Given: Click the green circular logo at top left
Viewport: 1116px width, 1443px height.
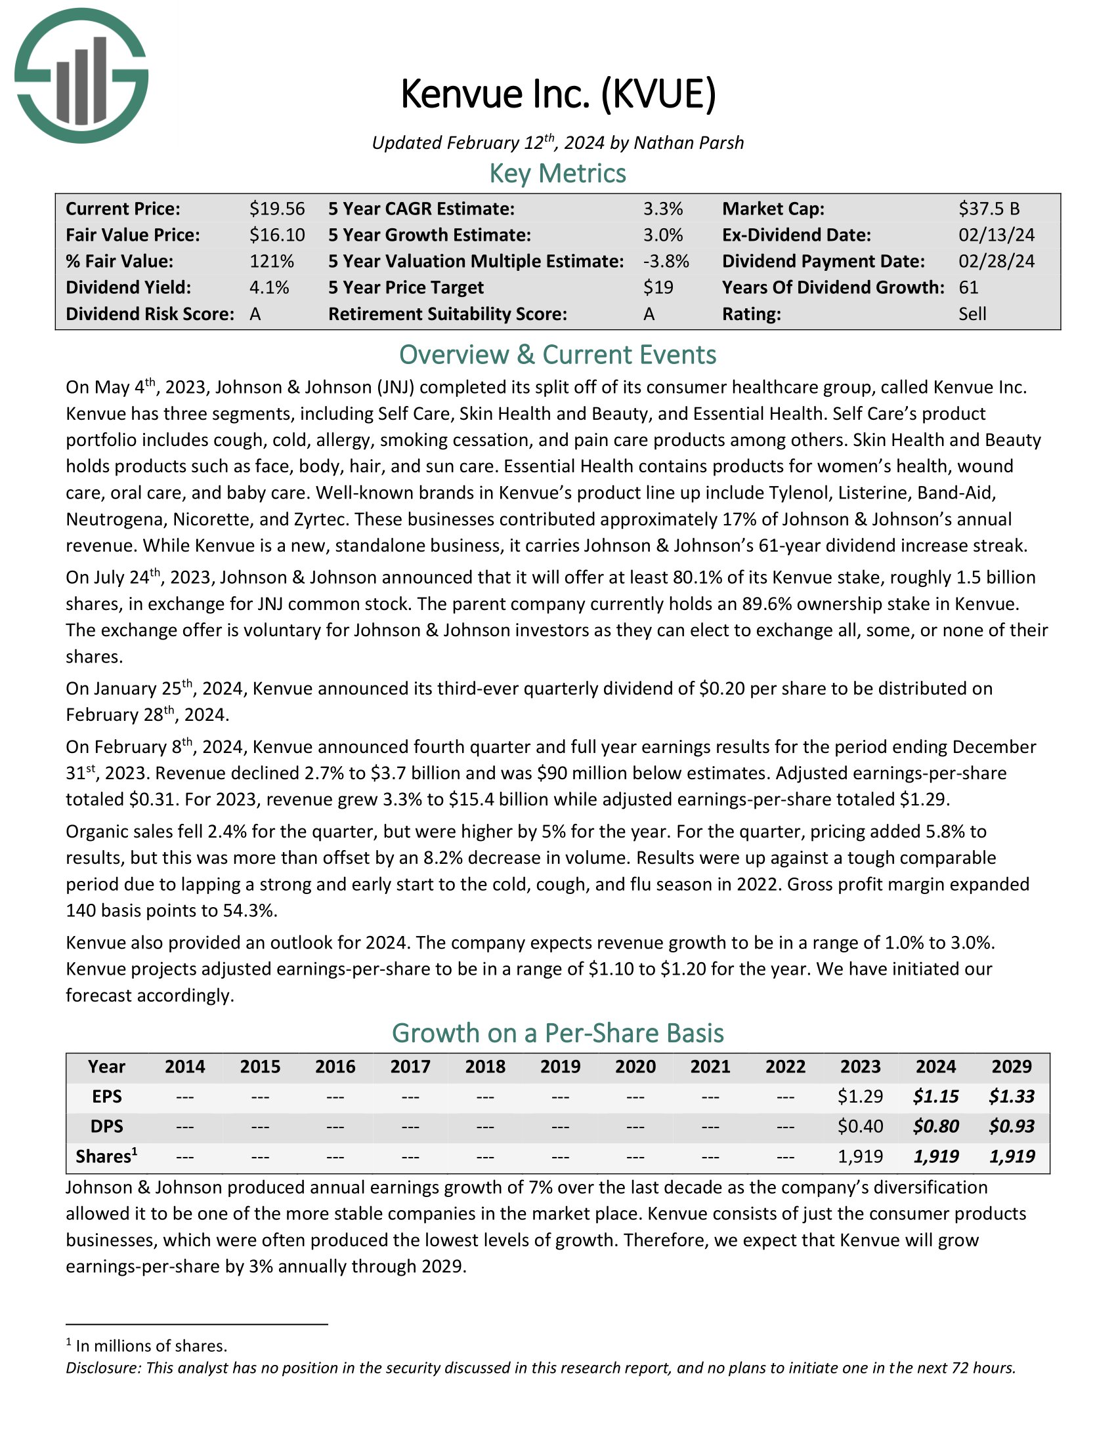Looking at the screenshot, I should pos(81,75).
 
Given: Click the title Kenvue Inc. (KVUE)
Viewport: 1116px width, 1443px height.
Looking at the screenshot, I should pos(557,94).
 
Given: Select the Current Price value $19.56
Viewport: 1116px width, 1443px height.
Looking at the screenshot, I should pos(277,209).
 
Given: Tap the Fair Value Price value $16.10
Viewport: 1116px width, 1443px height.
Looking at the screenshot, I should pos(277,235).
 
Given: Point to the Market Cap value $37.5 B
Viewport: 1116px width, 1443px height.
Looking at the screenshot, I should pos(989,209).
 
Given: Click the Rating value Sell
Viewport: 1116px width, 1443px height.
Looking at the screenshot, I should pos(972,314).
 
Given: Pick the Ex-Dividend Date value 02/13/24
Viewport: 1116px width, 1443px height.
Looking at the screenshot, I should pos(997,235).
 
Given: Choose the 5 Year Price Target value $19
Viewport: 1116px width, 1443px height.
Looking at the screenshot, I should pos(658,287).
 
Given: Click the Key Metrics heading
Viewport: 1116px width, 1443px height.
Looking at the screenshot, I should pos(557,174).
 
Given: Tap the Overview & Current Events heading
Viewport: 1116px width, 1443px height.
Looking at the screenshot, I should pos(557,355).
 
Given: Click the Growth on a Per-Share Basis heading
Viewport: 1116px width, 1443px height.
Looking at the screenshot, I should pos(557,1032).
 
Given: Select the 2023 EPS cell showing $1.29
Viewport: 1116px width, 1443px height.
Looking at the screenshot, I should pos(860,1097).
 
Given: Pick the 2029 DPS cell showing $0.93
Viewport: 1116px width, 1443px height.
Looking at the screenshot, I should pos(1012,1126).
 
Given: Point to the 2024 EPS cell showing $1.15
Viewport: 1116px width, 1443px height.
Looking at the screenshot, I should pos(935,1097).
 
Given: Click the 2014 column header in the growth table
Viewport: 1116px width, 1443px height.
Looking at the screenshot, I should pos(184,1067).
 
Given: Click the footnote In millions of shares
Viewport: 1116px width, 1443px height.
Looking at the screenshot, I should pos(151,1346).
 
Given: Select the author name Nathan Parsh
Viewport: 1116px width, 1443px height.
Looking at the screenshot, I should pos(688,144).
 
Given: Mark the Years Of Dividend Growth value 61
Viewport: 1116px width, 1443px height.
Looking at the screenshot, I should pos(968,287).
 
